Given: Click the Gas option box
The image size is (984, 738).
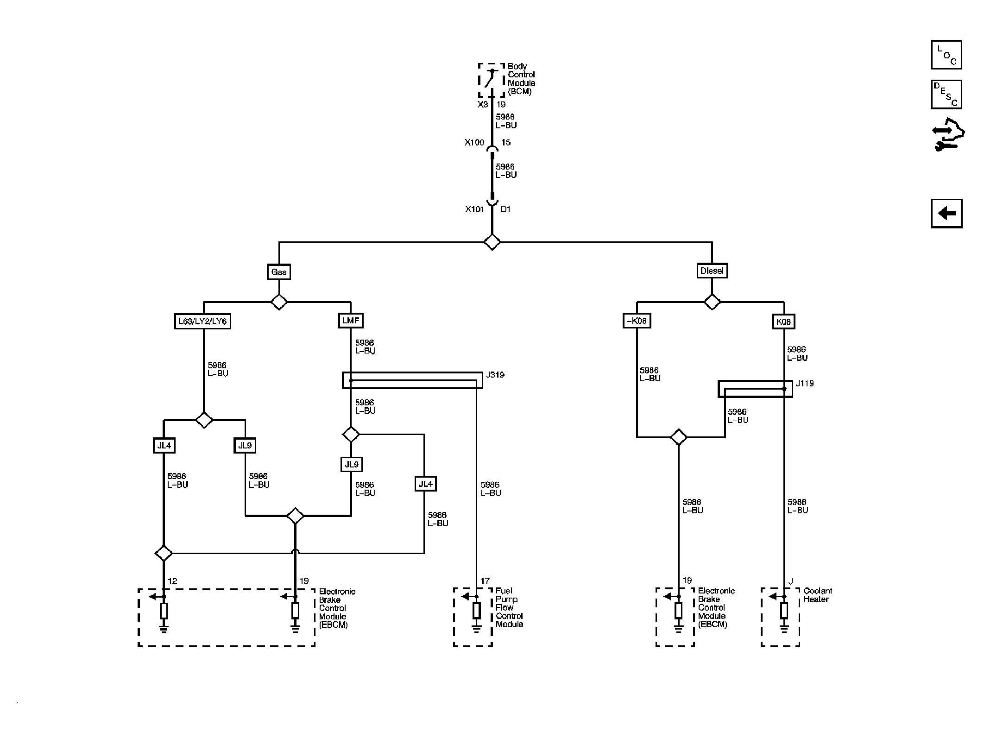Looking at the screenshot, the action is [x=279, y=271].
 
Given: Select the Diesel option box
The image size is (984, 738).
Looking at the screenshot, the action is [x=712, y=271].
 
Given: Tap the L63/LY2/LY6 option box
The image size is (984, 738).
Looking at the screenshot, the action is [x=202, y=321].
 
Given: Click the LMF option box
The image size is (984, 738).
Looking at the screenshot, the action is [x=351, y=321].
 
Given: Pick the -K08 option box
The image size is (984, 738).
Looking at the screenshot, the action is [x=637, y=321].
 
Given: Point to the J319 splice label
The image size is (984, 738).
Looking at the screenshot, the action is [x=495, y=375].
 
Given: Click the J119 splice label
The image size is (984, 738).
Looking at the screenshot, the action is [x=805, y=384].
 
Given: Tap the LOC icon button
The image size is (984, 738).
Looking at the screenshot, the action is [x=946, y=55].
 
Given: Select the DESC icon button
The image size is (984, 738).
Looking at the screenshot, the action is [x=946, y=95].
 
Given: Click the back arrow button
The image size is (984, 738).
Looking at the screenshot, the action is [x=946, y=214].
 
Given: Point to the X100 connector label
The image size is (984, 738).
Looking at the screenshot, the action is [x=474, y=143].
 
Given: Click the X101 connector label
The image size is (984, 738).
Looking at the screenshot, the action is [x=475, y=209].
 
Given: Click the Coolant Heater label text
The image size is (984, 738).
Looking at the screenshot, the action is [x=818, y=595].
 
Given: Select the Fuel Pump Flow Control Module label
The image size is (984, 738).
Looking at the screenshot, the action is [x=509, y=607].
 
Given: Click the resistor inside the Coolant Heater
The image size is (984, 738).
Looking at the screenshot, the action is [x=784, y=611].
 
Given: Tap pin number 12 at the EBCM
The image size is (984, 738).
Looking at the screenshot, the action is [x=172, y=581].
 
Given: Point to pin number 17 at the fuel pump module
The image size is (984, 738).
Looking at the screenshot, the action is [x=485, y=580].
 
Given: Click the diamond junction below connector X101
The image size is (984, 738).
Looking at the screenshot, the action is [x=492, y=242].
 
